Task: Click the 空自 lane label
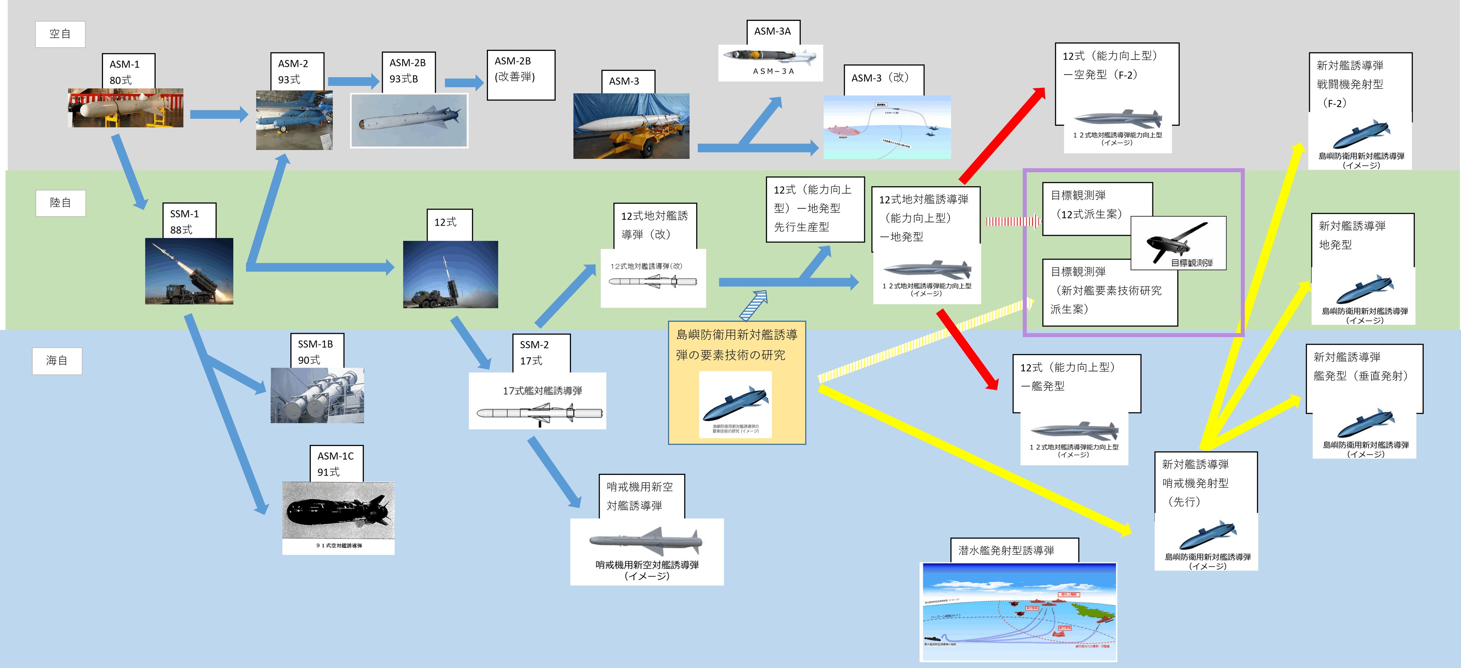pos(60,34)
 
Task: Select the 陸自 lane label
pos(60,203)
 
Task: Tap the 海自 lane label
pos(57,361)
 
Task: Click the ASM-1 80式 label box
pos(128,72)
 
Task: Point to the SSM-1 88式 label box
pos(188,221)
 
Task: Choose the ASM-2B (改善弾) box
pos(520,75)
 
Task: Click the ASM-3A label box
pos(773,32)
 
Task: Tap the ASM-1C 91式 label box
pos(336,464)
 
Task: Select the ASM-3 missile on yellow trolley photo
pos(631,126)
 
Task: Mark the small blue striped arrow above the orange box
pos(754,305)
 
